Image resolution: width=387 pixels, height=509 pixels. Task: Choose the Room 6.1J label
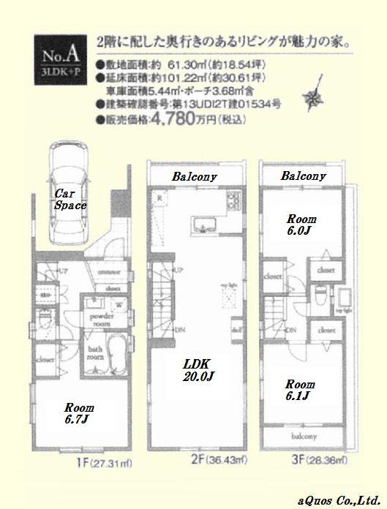[x=301, y=390]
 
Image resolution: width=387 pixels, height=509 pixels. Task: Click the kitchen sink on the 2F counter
[x=202, y=223]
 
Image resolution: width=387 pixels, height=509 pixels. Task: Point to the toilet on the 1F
[x=45, y=320]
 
